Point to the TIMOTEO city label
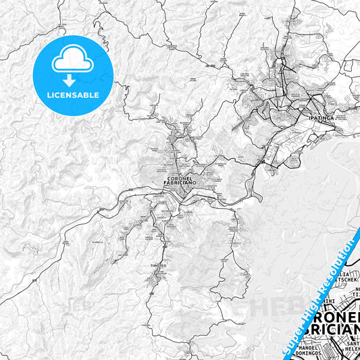[157, 266]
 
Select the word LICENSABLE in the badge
[73, 95]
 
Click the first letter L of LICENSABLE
[49, 95]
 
